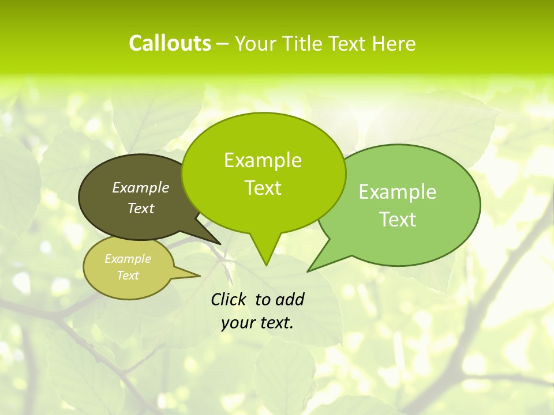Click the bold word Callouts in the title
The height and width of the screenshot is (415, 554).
(170, 43)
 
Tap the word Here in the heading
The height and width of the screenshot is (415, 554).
(394, 44)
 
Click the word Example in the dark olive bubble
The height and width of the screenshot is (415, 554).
(141, 187)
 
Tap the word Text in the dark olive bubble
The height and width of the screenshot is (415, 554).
(141, 208)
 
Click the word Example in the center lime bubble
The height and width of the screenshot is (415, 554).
(263, 160)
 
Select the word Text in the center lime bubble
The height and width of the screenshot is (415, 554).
(263, 188)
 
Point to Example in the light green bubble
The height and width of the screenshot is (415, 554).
(398, 192)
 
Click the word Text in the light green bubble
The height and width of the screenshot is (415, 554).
(398, 220)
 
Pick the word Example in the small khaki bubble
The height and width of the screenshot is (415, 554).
(128, 259)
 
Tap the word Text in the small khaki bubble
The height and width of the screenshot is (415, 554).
(128, 276)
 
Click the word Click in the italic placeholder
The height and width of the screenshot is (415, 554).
(229, 299)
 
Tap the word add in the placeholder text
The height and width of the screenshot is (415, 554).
(289, 299)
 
